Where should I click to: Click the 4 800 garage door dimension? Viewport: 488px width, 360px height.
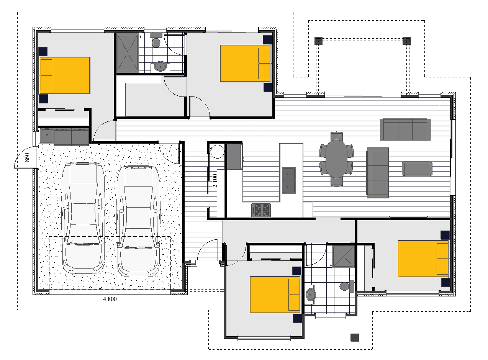click(110, 299)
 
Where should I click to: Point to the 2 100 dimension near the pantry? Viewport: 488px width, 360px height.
click(215, 180)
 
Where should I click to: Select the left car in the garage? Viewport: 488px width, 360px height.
click(83, 218)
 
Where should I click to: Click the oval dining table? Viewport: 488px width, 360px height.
click(336, 159)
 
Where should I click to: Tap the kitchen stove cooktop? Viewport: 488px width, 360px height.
click(261, 210)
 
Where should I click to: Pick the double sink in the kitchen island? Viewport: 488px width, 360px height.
click(289, 180)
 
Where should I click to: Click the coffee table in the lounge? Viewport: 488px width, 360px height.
click(417, 169)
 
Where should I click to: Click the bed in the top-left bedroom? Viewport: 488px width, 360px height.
click(65, 75)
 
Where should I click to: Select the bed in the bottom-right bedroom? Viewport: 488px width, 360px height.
click(423, 259)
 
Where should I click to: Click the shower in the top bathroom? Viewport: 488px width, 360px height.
click(128, 53)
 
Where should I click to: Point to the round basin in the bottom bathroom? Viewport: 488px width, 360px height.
click(311, 295)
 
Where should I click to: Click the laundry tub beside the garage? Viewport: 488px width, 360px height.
click(47, 135)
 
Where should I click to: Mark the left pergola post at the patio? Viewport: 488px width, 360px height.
click(319, 41)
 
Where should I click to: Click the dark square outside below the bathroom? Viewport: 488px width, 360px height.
click(355, 337)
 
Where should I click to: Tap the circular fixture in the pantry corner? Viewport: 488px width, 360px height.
click(217, 152)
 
